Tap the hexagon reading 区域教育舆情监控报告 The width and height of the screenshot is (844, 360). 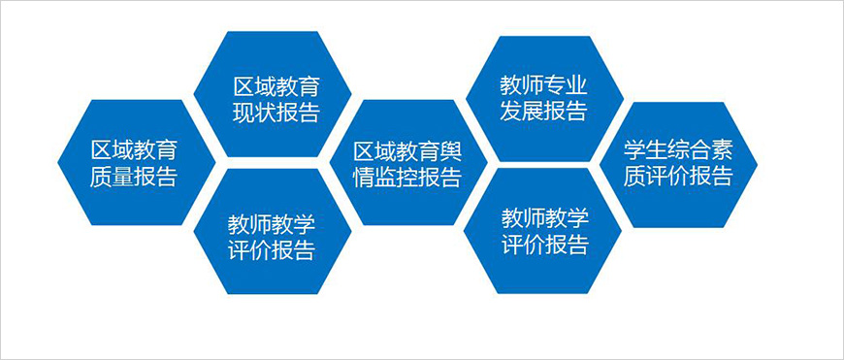tap(406, 163)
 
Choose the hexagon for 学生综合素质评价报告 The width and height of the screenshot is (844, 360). tap(678, 163)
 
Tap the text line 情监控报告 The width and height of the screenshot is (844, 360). tap(406, 178)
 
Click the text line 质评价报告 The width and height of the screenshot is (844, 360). tap(678, 177)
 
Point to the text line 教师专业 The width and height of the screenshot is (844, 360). tap(543, 82)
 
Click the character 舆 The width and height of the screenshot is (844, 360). tap(451, 151)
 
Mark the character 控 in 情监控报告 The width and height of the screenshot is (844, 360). tap(407, 178)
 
